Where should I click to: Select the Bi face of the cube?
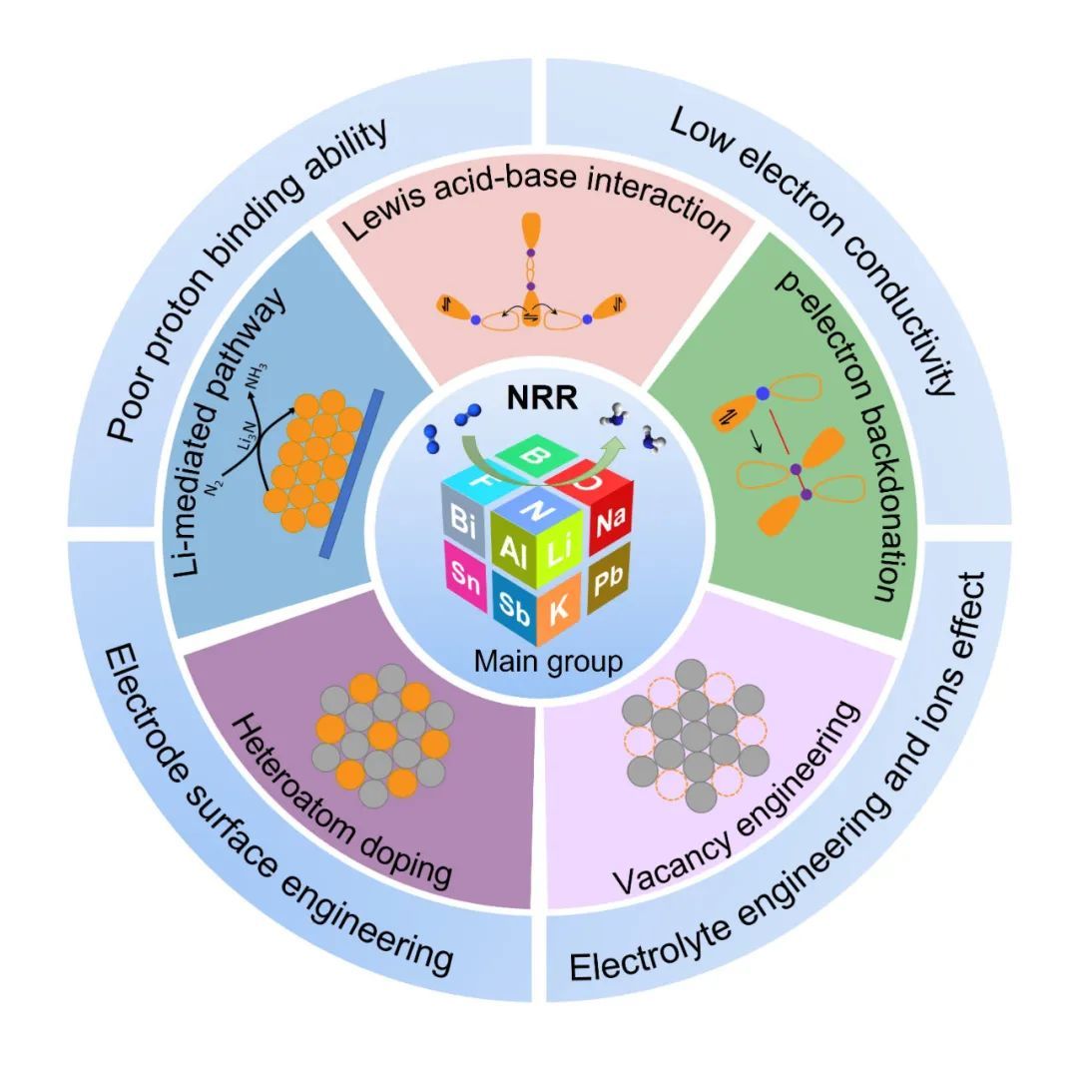463,519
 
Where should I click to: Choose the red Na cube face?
607,520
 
